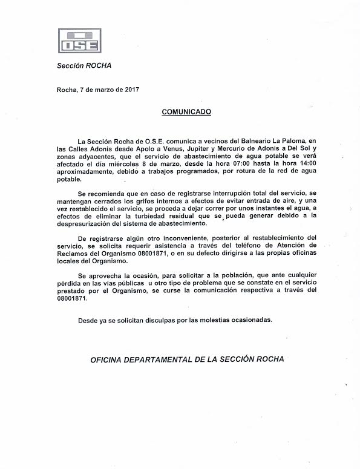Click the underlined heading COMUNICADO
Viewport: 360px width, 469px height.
coord(186,112)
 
